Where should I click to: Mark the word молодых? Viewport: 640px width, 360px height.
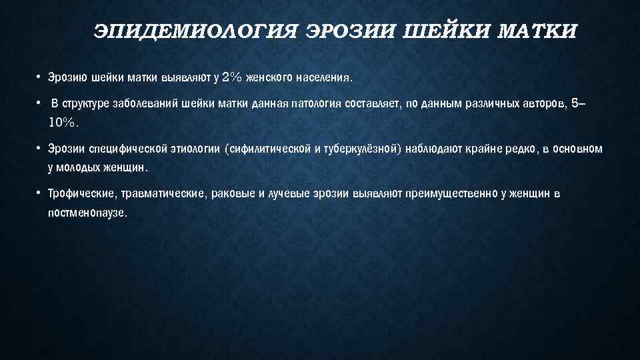(x=77, y=167)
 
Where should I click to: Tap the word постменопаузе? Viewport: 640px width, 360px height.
(x=87, y=213)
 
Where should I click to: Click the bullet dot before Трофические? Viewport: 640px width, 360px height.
(x=39, y=193)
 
